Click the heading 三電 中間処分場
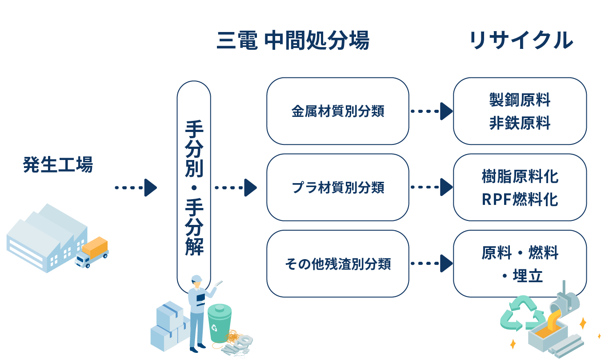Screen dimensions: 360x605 pyautogui.click(x=292, y=41)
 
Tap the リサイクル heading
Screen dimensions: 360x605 pyautogui.click(x=520, y=41)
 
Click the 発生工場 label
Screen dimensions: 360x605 pyautogui.click(x=57, y=165)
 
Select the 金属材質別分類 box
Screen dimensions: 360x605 pyautogui.click(x=337, y=111)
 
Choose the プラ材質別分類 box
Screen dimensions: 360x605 pyautogui.click(x=337, y=188)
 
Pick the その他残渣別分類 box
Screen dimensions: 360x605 pyautogui.click(x=337, y=264)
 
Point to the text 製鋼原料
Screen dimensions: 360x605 pyautogui.click(x=520, y=100)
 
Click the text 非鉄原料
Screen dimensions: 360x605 pyautogui.click(x=520, y=123)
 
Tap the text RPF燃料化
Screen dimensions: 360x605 pyautogui.click(x=520, y=200)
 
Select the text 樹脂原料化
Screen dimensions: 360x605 pyautogui.click(x=520, y=176)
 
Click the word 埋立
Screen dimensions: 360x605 pyautogui.click(x=528, y=276)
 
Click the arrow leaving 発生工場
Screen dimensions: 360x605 pyautogui.click(x=136, y=188)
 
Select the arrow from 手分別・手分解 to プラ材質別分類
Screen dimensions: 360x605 pyautogui.click(x=236, y=188)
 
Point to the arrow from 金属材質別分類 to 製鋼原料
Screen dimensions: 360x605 pyautogui.click(x=431, y=111)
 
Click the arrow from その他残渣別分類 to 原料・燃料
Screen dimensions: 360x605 pyautogui.click(x=431, y=264)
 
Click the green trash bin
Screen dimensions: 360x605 pyautogui.click(x=219, y=323)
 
